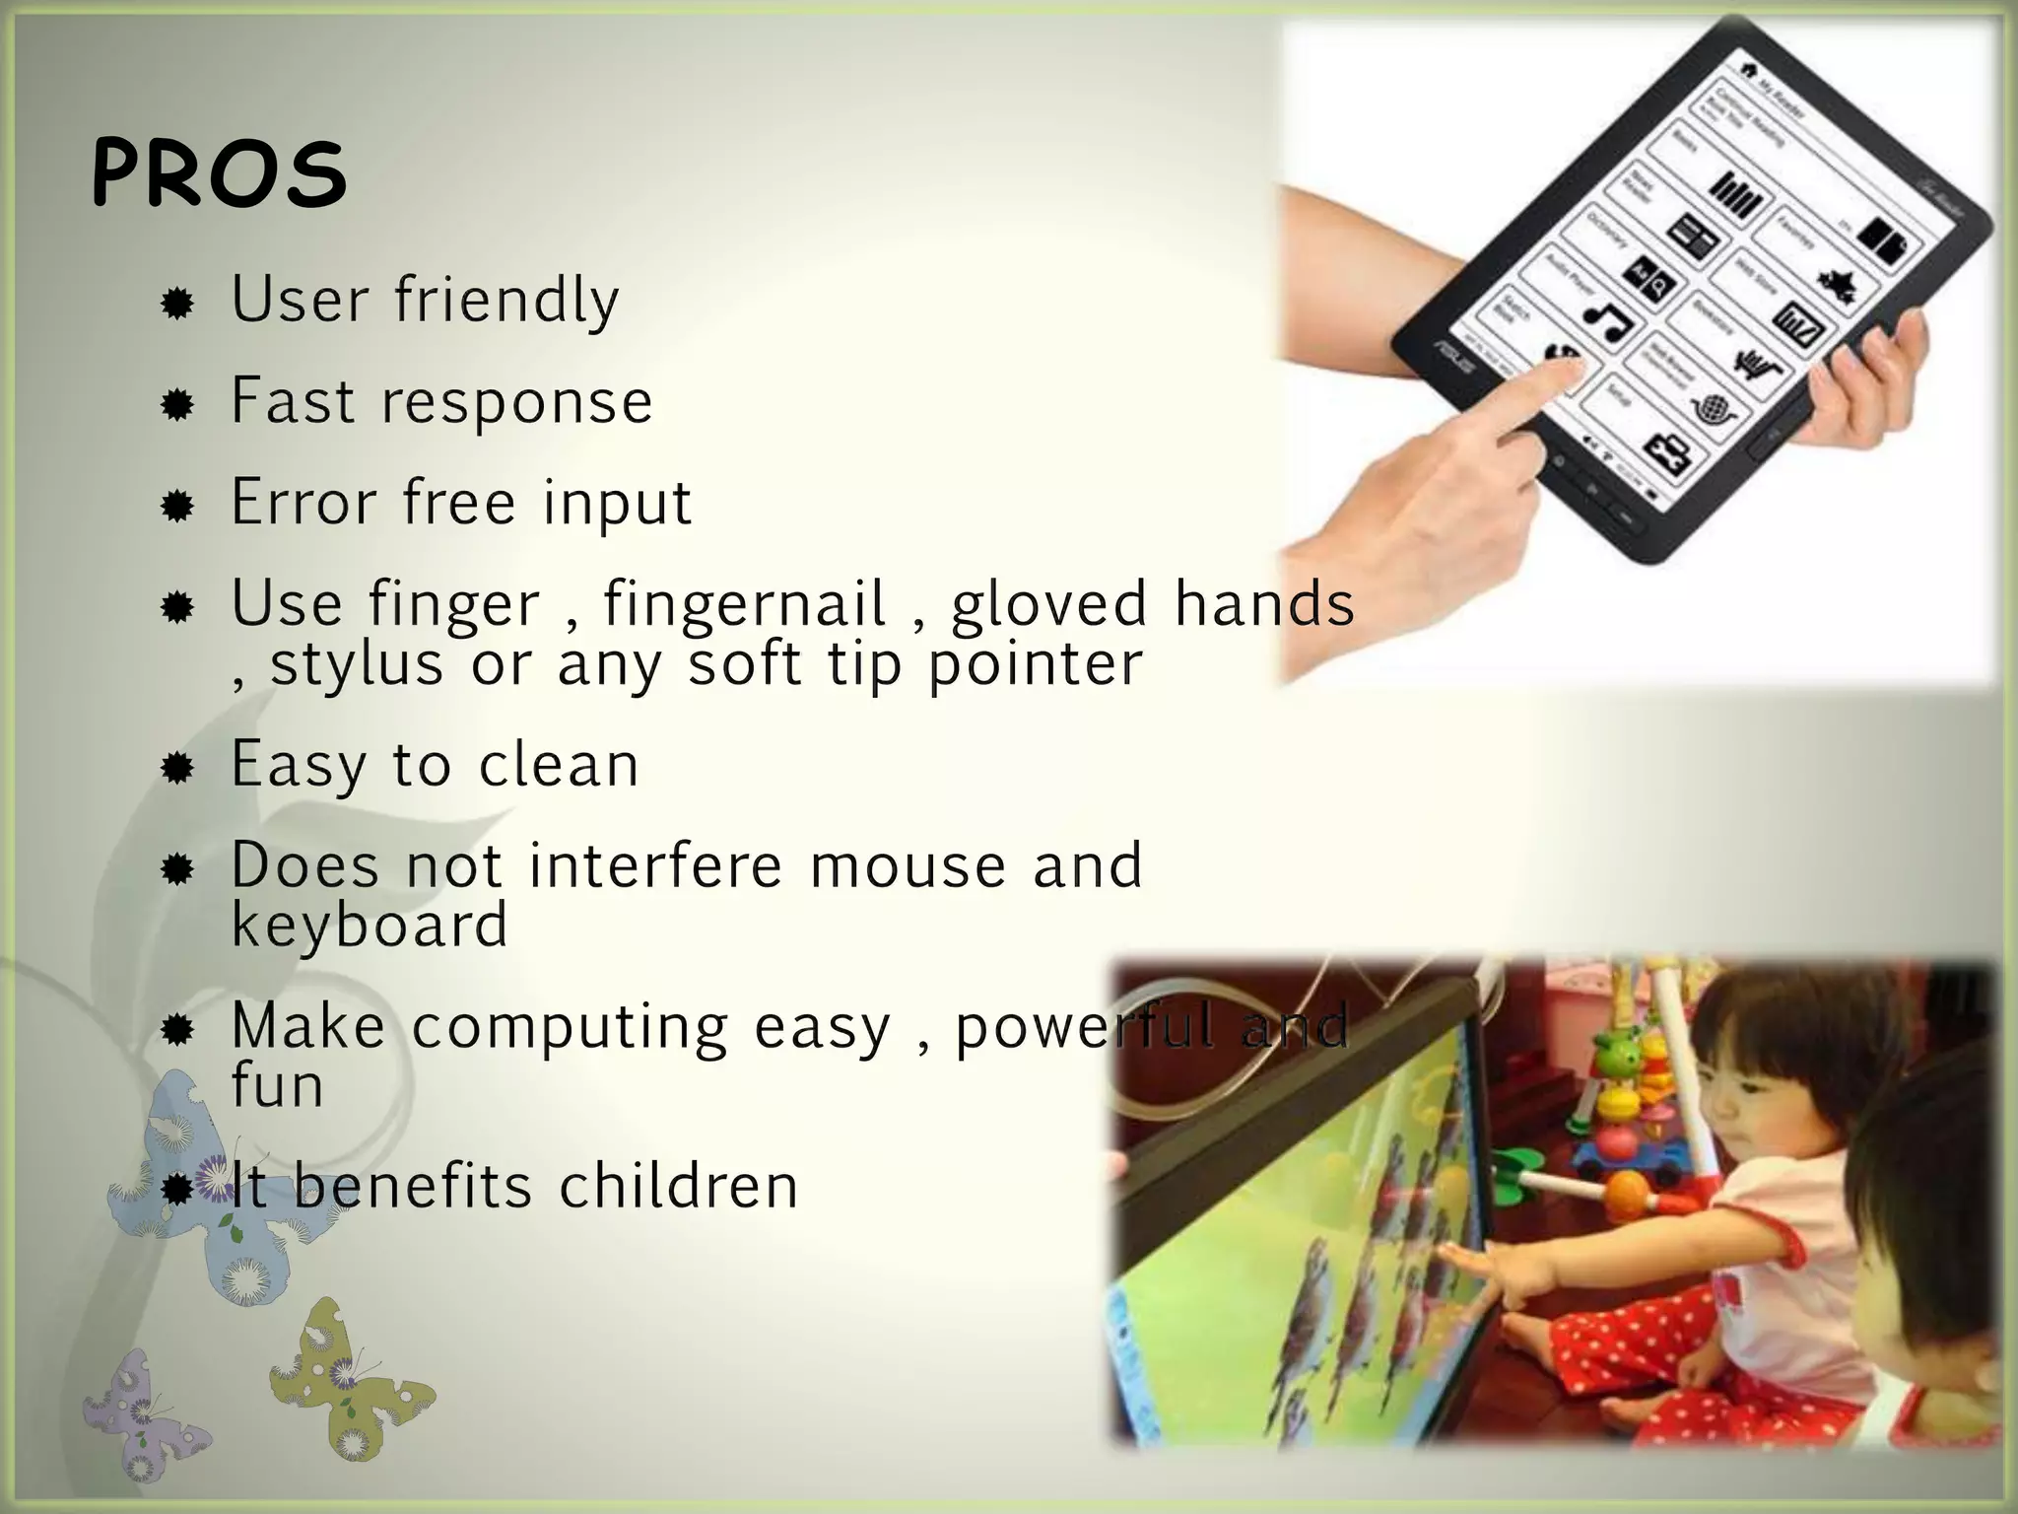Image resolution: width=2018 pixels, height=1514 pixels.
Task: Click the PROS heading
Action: click(x=219, y=174)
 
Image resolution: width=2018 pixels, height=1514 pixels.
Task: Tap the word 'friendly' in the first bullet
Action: click(x=506, y=301)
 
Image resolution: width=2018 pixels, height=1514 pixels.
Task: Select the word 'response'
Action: click(x=516, y=403)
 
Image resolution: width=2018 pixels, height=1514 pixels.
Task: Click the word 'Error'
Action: click(x=304, y=502)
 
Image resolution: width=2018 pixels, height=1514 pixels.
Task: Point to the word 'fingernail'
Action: click(x=745, y=603)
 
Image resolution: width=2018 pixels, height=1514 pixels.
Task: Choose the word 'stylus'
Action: click(x=357, y=664)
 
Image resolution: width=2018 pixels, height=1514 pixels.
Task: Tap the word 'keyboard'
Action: click(x=370, y=926)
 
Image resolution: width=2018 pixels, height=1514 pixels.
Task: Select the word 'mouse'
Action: click(x=908, y=865)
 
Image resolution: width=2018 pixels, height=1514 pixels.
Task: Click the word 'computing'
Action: click(x=570, y=1027)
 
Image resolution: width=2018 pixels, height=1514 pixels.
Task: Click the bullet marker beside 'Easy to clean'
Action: click(x=177, y=768)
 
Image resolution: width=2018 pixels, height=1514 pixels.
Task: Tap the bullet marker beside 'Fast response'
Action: click(x=177, y=405)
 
